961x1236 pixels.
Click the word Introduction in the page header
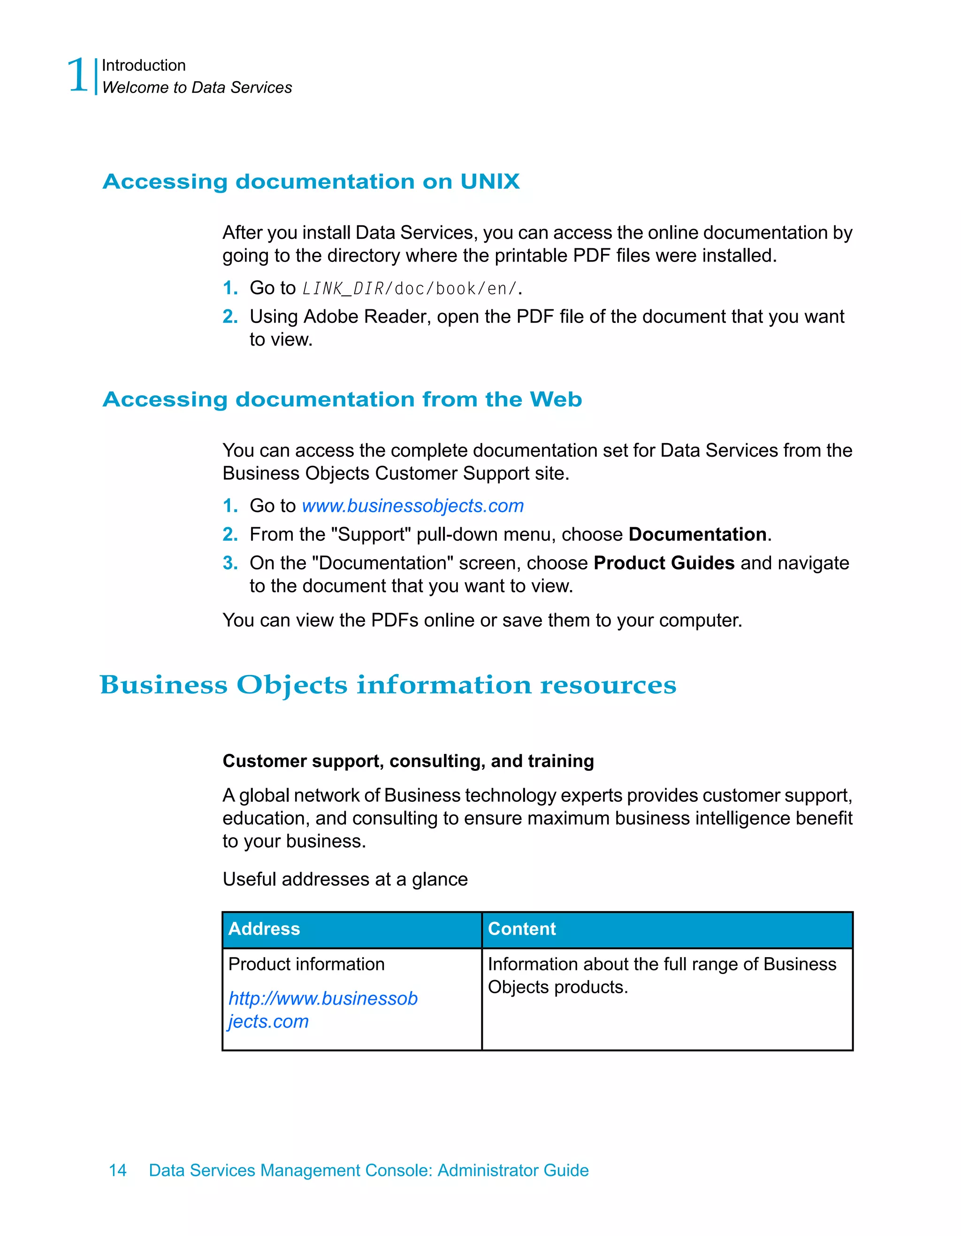tap(144, 66)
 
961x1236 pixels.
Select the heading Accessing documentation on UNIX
tap(311, 182)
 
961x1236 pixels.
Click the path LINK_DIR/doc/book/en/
tap(410, 289)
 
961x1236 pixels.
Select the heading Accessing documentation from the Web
tap(342, 399)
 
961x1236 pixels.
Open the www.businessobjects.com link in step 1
tap(412, 506)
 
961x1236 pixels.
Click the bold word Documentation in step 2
tap(697, 535)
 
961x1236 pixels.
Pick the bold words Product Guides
tap(664, 563)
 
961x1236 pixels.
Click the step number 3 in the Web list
tap(229, 563)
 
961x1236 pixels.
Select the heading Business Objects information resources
tap(388, 685)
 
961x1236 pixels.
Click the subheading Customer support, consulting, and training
tap(408, 761)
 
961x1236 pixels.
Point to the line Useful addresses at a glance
tap(344, 879)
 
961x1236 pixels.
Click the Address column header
tap(264, 929)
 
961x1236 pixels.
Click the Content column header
tap(521, 929)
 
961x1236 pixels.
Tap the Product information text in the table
tap(306, 964)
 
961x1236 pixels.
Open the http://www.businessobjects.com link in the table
tap(322, 999)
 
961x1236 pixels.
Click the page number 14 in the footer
tap(118, 1170)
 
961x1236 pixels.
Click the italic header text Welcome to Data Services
tap(197, 88)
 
